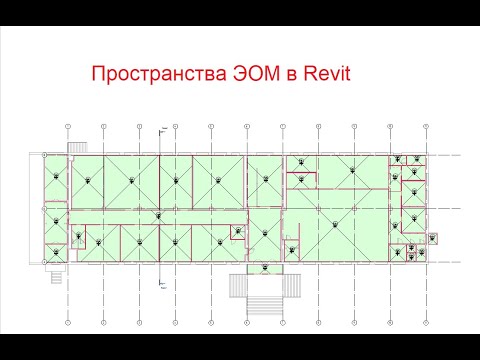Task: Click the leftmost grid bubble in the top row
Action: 66,126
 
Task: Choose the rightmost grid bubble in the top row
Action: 424,126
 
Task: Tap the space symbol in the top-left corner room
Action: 57,176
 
